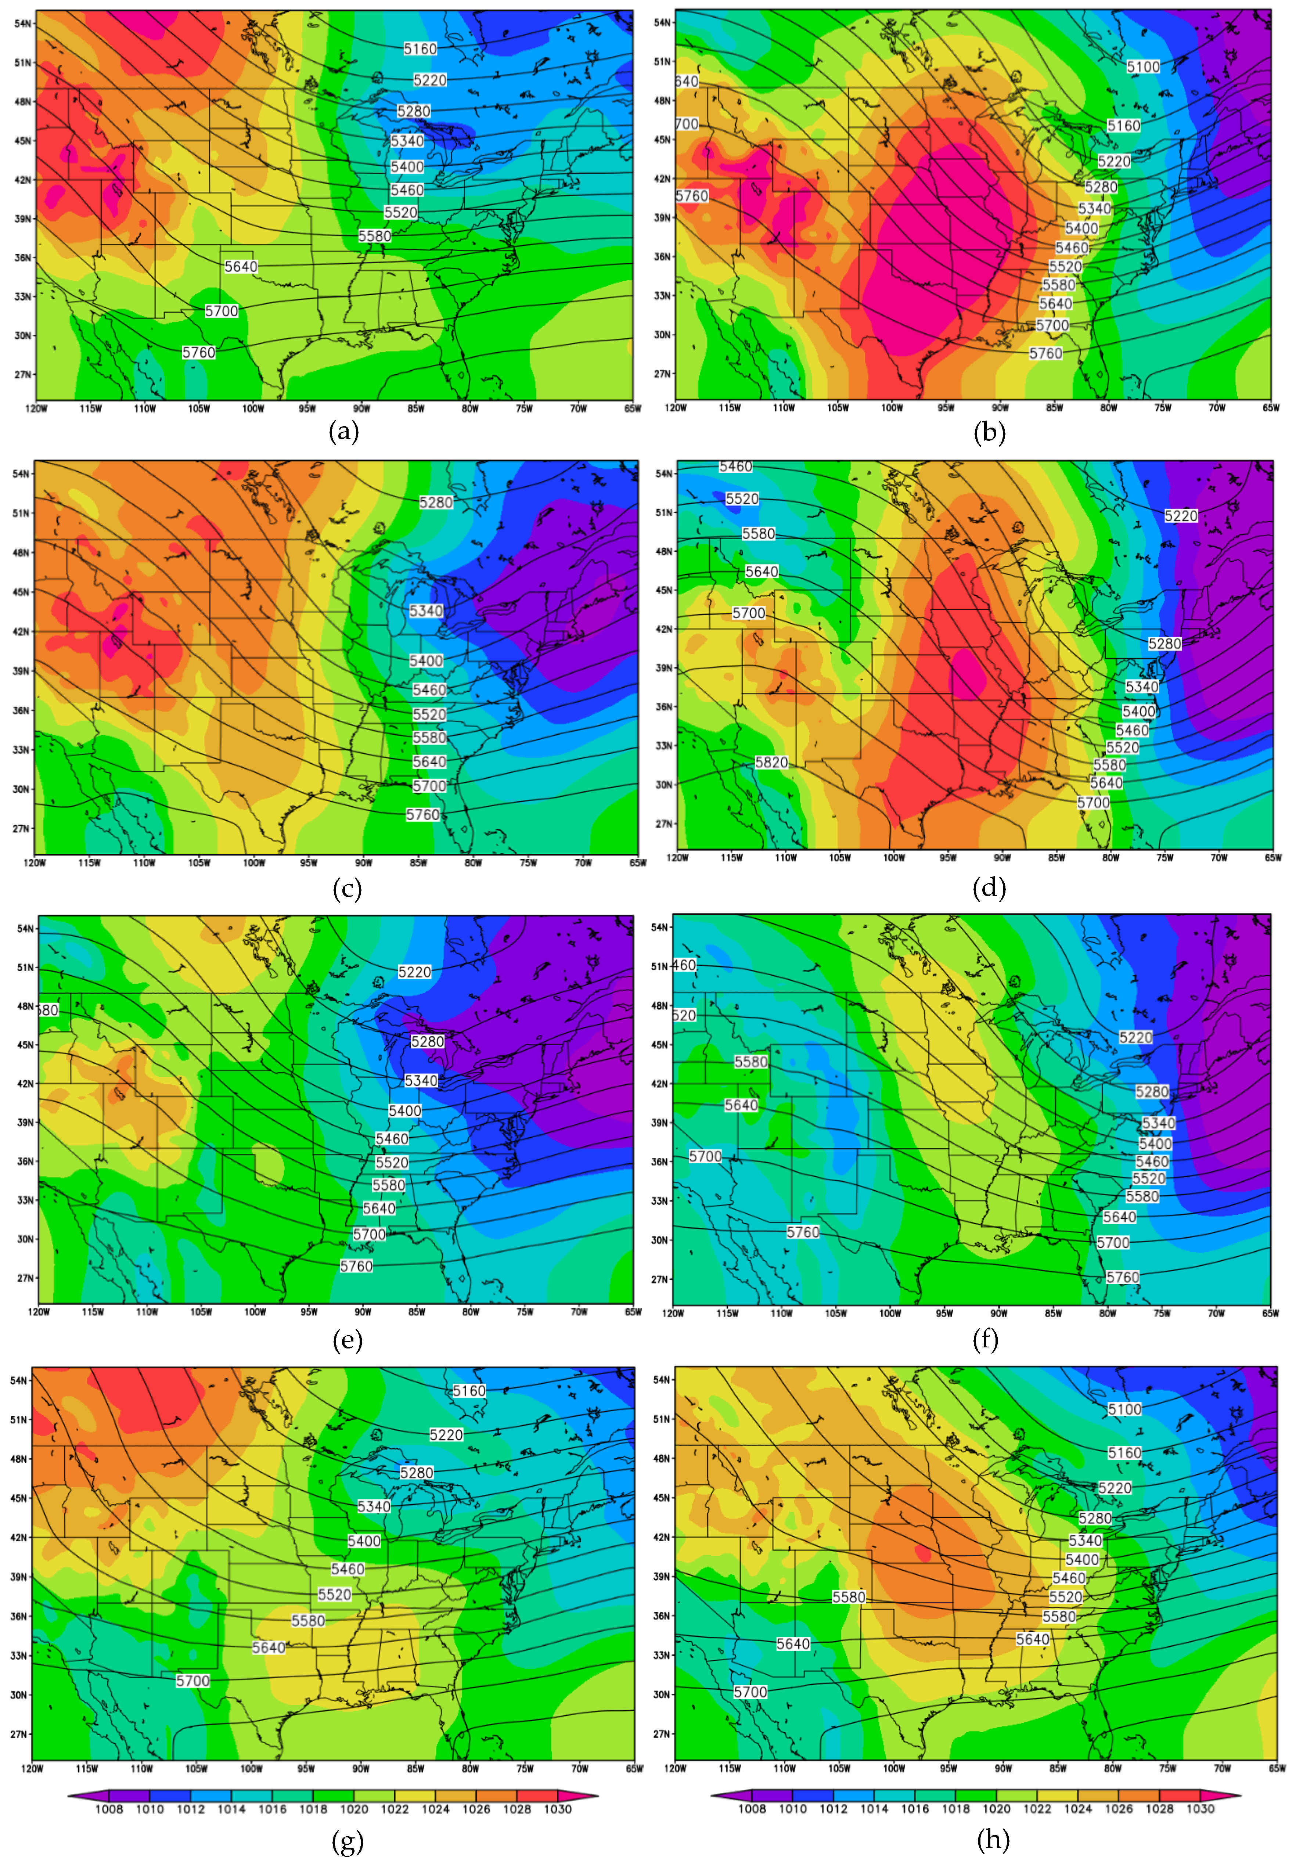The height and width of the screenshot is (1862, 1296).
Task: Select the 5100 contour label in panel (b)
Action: pyautogui.click(x=1143, y=66)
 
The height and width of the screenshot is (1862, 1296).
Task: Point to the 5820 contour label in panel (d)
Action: pyautogui.click(x=770, y=762)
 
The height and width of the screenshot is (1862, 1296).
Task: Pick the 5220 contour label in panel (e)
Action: pyautogui.click(x=414, y=972)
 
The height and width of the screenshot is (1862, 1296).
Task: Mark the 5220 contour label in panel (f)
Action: pyautogui.click(x=1135, y=1037)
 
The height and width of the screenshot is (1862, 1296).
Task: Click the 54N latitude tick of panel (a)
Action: pyautogui.click(x=23, y=24)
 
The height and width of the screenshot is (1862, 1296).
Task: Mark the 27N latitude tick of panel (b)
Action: pyautogui.click(x=663, y=374)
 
